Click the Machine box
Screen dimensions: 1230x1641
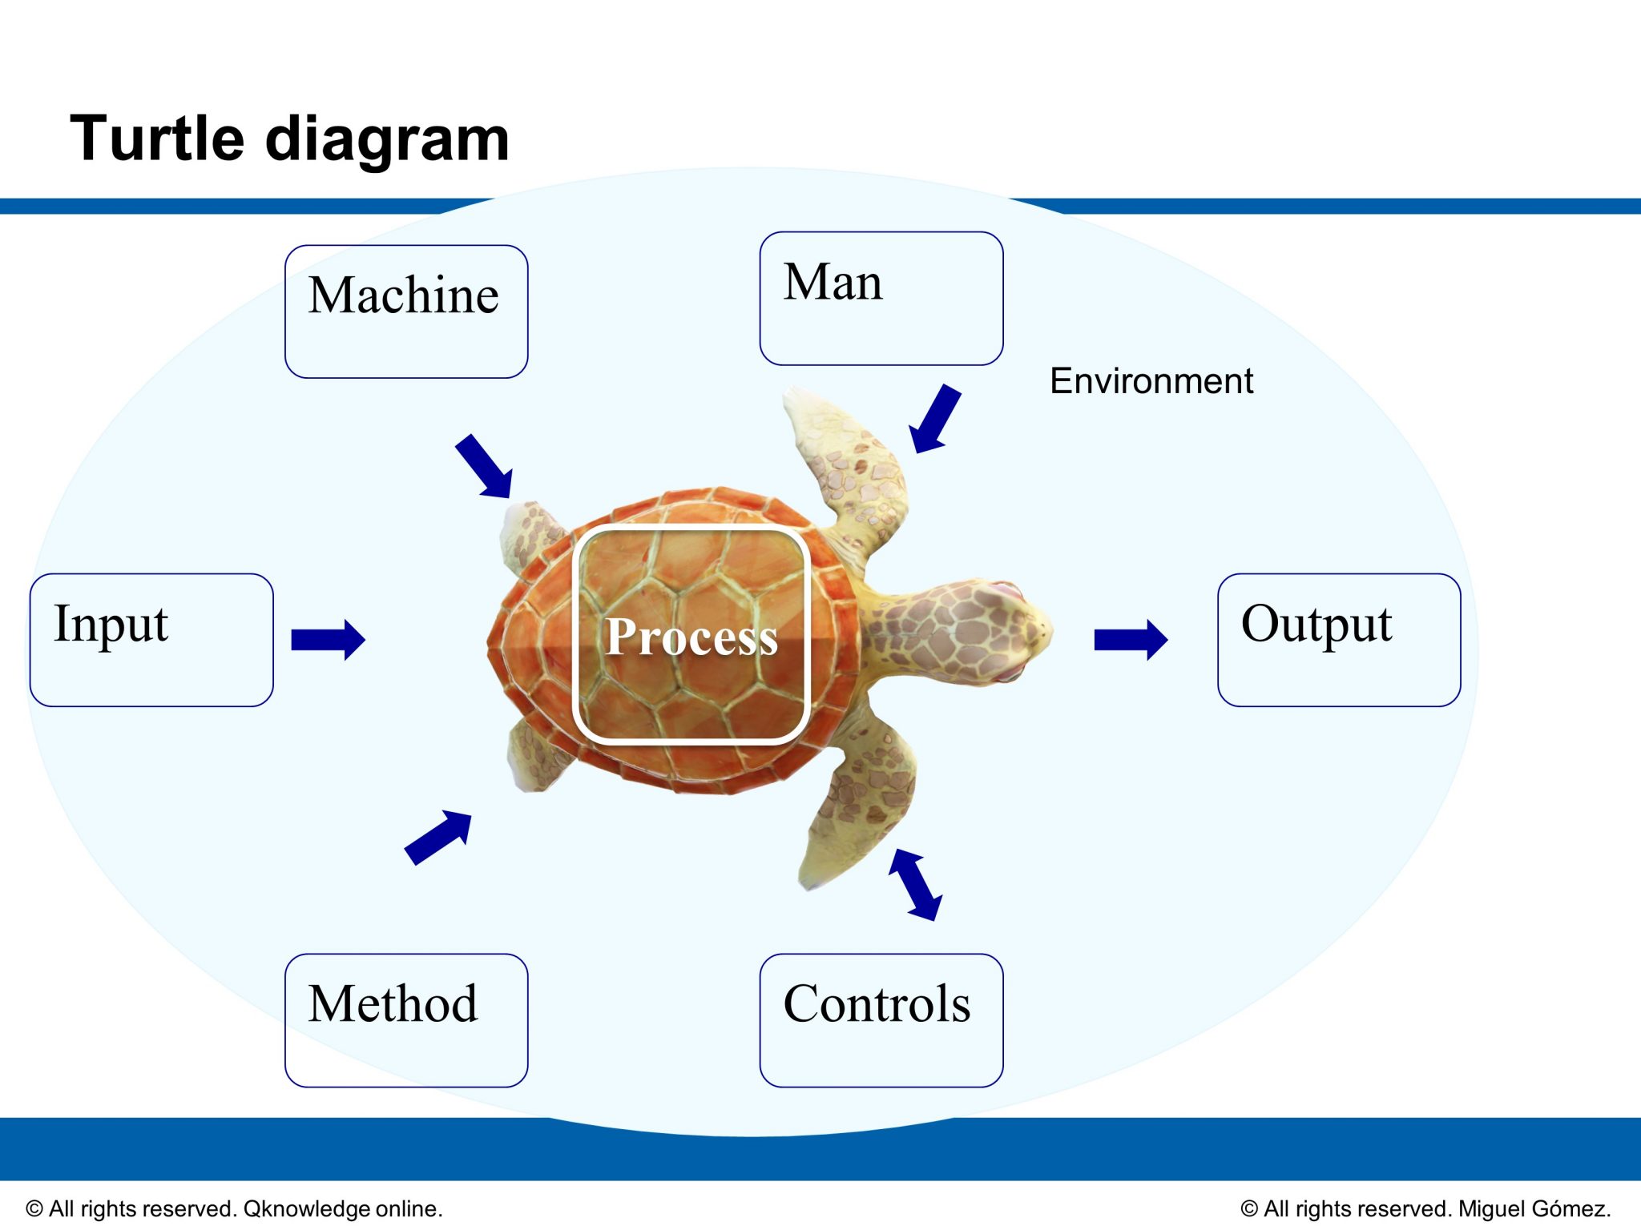pos(406,312)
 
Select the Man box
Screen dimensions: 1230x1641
pos(881,299)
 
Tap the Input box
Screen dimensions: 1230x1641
pos(151,640)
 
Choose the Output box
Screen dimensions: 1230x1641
pos(1338,640)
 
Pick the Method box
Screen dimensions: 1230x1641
pos(406,1019)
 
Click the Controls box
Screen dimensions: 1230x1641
pos(881,1019)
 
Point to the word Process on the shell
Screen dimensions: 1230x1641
pos(691,637)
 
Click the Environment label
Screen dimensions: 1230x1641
pos(1151,381)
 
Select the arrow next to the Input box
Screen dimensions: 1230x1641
pos(328,640)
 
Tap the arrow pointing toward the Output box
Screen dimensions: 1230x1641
pos(1131,640)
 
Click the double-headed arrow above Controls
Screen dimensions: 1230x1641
pos(915,884)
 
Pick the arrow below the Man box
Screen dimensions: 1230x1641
pos(935,418)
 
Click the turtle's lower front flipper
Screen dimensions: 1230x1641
pos(861,801)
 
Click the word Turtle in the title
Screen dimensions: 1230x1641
pos(156,139)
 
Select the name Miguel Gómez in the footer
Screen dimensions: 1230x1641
pos(1533,1208)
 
